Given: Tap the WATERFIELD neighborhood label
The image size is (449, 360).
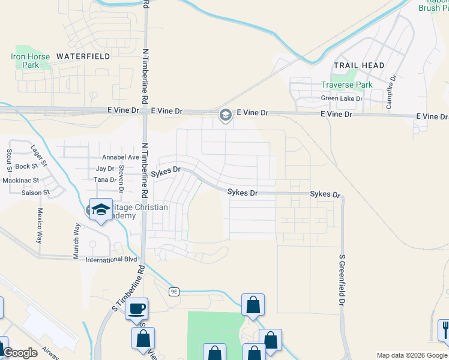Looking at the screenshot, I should point(83,56).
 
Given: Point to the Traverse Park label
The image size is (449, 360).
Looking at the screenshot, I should point(346,85).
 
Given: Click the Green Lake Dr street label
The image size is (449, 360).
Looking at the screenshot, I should point(342,98).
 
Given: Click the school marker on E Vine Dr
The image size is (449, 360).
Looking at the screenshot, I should point(226,115).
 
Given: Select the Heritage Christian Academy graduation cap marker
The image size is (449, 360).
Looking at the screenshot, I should point(101,209).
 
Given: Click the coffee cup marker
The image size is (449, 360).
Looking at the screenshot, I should point(137,309).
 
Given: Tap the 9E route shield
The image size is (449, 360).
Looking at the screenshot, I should point(174,292).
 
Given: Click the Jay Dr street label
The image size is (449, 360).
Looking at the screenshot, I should point(105,169).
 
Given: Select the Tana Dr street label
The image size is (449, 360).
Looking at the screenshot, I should point(104,179).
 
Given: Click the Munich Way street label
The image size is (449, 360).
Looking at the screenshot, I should point(76,241).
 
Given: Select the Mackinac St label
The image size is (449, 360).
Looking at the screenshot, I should point(20,180).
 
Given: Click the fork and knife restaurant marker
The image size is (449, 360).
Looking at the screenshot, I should point(443,328).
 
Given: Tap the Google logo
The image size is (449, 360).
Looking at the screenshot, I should point(20,353).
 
